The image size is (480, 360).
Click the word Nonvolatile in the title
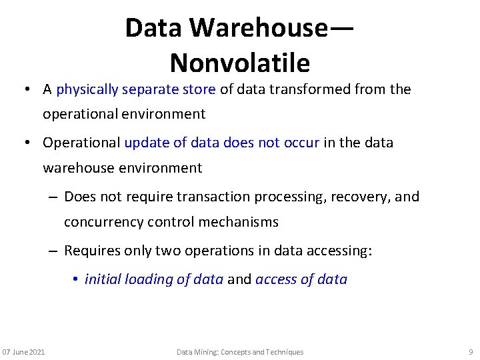click(240, 63)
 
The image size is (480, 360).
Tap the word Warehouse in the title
click(258, 28)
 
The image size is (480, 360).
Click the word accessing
click(337, 251)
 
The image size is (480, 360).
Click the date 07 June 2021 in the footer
click(24, 352)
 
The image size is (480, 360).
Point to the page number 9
click(471, 352)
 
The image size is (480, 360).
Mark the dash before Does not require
click(53, 197)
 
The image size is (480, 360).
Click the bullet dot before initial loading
click(77, 279)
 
